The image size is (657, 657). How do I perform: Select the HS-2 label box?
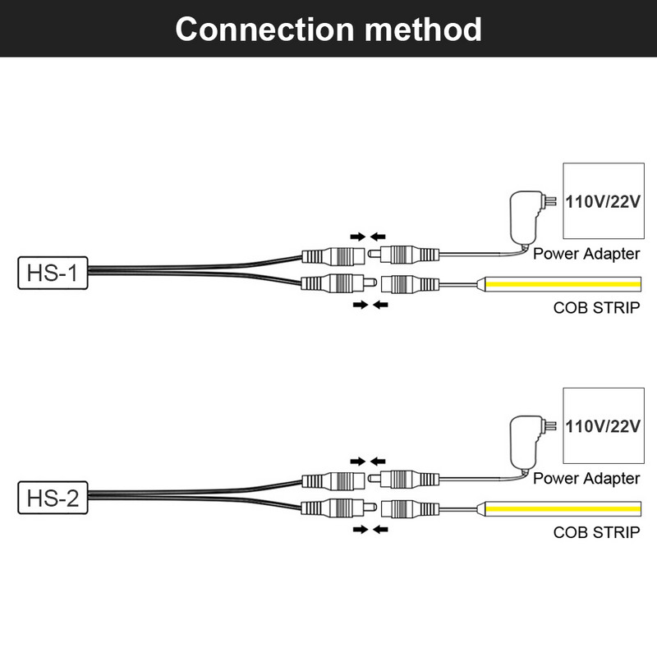coord(51,498)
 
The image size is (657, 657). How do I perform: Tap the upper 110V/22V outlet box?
coord(600,202)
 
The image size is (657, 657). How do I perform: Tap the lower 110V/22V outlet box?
coord(600,426)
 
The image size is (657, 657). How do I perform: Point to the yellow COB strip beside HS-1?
coord(563,284)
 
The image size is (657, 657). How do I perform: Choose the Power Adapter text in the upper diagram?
coord(586,254)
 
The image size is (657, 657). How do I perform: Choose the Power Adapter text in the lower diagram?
coord(586,478)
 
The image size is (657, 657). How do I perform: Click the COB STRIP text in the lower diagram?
coord(596,532)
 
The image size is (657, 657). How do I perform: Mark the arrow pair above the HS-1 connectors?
coord(368,236)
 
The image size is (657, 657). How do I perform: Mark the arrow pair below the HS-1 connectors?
coord(368,305)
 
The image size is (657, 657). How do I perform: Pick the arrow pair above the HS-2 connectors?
coord(368,461)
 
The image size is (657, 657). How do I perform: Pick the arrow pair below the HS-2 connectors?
coord(368,530)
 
